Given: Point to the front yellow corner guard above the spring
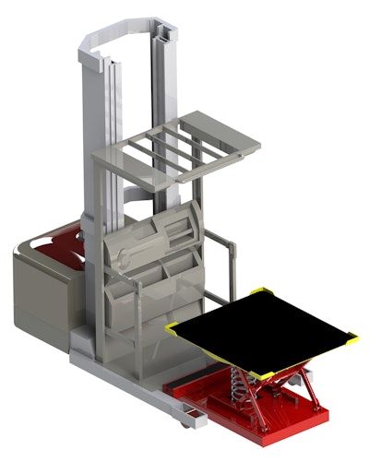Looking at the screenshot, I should (257, 373).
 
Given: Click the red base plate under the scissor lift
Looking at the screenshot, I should (295, 420).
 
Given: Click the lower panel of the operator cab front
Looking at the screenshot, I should (152, 313).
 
